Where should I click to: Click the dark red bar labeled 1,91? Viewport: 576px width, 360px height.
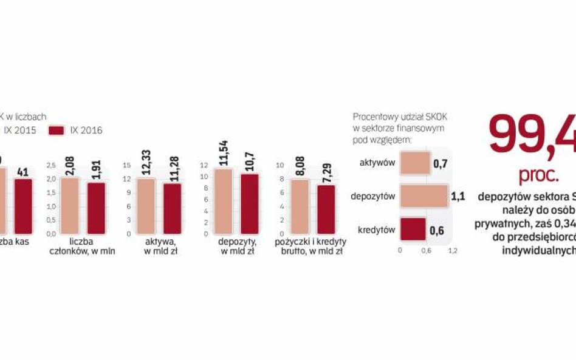(x=97, y=208)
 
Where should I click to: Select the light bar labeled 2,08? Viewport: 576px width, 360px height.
(x=70, y=205)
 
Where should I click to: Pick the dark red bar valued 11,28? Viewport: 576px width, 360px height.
(x=173, y=208)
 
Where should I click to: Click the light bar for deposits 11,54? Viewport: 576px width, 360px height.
(x=224, y=201)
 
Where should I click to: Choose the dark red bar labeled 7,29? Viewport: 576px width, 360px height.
(x=326, y=209)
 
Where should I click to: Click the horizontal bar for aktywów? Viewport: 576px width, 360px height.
(x=415, y=164)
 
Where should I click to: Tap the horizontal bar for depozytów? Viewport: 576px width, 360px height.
(x=423, y=197)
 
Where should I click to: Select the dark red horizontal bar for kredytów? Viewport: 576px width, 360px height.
(x=413, y=229)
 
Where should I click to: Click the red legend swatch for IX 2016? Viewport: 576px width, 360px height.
(x=57, y=130)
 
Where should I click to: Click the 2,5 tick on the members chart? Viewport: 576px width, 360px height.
(x=50, y=165)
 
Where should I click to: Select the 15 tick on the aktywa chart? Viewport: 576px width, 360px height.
(x=127, y=165)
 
